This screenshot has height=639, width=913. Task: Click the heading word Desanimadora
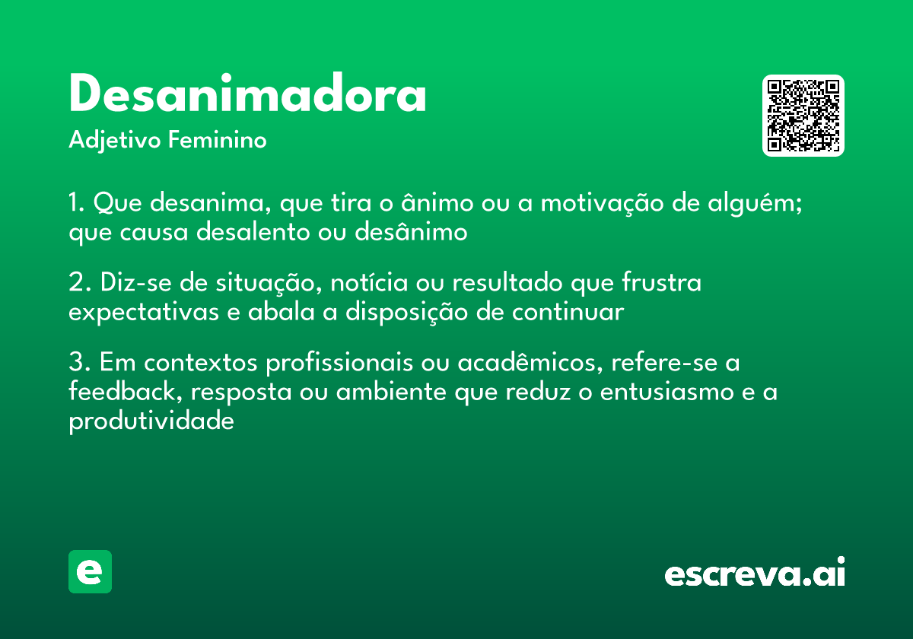pos(247,96)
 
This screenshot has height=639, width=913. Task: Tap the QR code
pos(803,116)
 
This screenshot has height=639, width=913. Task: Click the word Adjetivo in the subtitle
pos(114,141)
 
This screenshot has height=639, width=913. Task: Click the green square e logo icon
pos(90,571)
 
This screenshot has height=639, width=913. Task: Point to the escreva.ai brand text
pos(755,573)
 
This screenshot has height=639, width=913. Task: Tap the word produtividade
pos(151,421)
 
